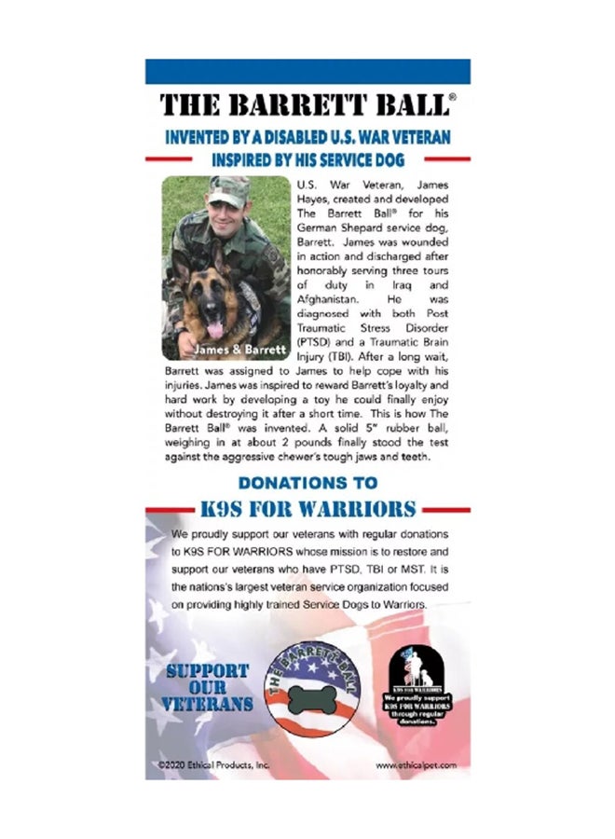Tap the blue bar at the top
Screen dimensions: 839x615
307,71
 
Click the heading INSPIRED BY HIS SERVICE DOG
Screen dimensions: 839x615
307,159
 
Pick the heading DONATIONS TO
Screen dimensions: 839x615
307,483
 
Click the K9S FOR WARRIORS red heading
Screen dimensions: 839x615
307,509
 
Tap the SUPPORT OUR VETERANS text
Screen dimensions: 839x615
209,686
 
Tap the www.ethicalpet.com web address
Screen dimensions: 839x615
417,764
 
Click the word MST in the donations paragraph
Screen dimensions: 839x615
406,570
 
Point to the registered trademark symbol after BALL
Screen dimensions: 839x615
452,95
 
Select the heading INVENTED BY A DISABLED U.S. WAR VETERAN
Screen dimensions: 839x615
307,136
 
